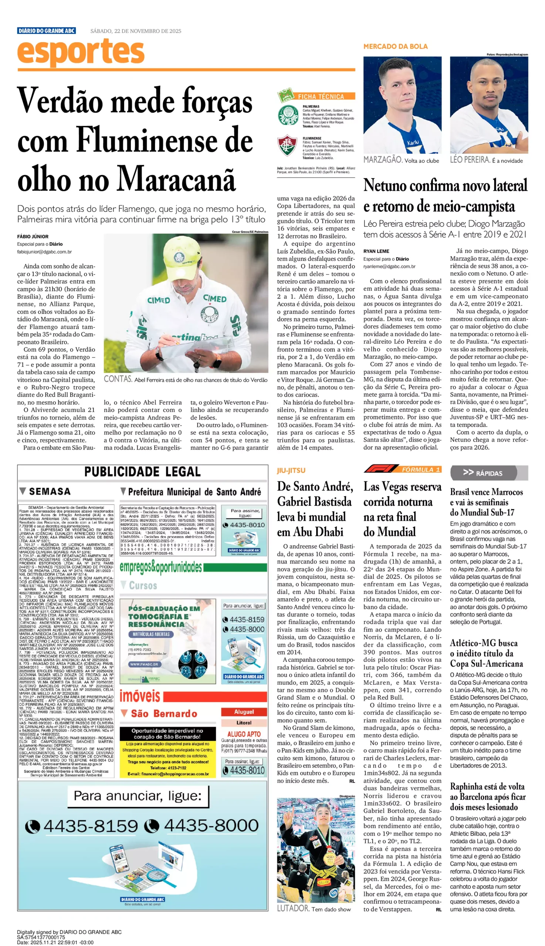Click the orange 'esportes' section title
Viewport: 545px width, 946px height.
pyautogui.click(x=81, y=52)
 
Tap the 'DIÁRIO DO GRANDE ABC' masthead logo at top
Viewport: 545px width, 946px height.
pyautogui.click(x=47, y=31)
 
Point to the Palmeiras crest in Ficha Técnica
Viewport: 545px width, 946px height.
pyautogui.click(x=288, y=115)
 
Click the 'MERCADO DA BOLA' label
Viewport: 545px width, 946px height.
pyautogui.click(x=395, y=47)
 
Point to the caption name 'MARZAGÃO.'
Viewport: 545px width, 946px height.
pyautogui.click(x=383, y=160)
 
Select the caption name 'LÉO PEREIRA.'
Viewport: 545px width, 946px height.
pyautogui.click(x=470, y=160)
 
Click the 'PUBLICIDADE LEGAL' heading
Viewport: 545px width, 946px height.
pyautogui.click(x=142, y=472)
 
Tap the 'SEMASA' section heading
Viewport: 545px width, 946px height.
pyautogui.click(x=50, y=491)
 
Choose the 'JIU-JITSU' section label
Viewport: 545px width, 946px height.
pyautogui.click(x=291, y=470)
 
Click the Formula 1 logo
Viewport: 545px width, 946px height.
pyautogui.click(x=381, y=469)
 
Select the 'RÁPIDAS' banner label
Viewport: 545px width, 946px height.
pyautogui.click(x=488, y=473)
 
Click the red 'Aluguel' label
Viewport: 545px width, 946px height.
pyautogui.click(x=244, y=712)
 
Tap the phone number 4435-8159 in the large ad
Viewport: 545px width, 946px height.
pyautogui.click(x=91, y=826)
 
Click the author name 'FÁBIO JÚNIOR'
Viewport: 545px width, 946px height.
pyautogui.click(x=33, y=236)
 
